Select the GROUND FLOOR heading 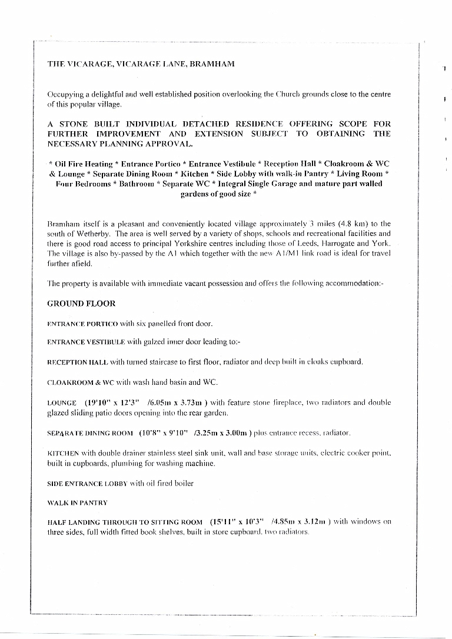point(81,304)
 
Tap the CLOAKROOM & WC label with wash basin point(82,382)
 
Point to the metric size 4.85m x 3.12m point(298,522)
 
